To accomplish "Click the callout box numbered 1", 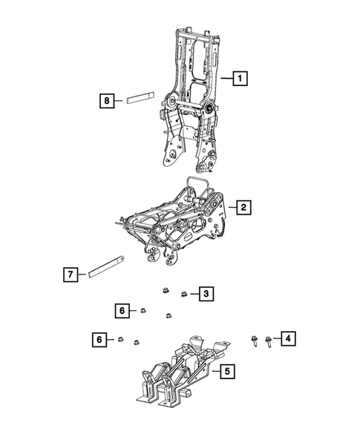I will [240, 76].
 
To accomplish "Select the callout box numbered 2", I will [242, 208].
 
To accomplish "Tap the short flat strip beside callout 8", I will [138, 97].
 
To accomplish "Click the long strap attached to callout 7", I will [107, 266].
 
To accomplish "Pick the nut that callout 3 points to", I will [183, 295].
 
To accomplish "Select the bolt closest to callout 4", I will [267, 341].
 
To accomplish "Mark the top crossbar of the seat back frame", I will [194, 32].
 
